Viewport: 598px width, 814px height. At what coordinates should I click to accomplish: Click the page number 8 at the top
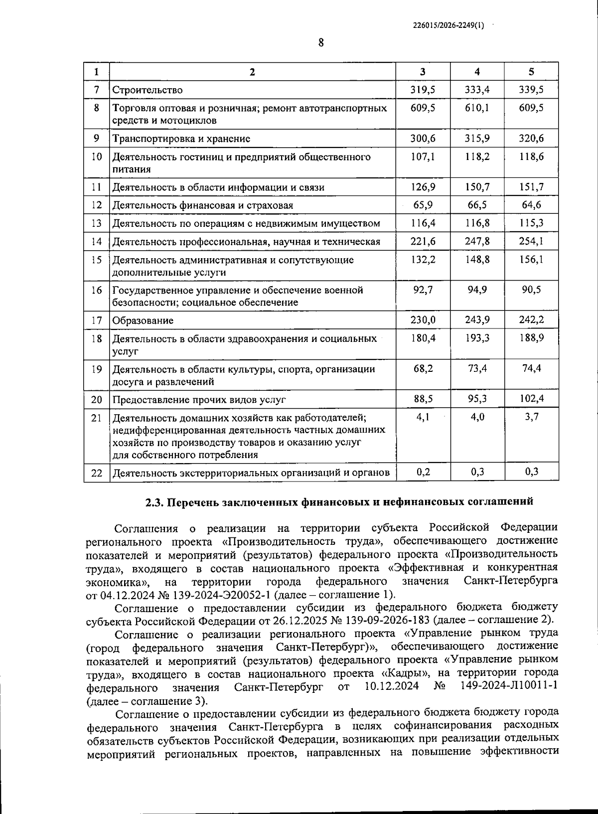[x=321, y=43]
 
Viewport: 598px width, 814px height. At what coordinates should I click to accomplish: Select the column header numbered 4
[x=477, y=72]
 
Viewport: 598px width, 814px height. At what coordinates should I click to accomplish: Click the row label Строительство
[x=148, y=90]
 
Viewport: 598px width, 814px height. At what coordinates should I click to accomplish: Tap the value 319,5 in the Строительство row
[x=423, y=90]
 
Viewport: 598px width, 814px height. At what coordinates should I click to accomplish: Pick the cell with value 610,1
[x=477, y=108]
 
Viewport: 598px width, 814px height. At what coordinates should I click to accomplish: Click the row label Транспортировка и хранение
[x=181, y=139]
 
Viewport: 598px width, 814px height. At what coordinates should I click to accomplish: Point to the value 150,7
[x=477, y=187]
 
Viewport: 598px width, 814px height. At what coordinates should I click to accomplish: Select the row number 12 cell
[x=97, y=205]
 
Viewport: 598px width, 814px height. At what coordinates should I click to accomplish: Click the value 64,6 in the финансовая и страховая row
[x=531, y=205]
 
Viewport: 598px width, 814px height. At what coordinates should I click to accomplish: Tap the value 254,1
[x=531, y=241]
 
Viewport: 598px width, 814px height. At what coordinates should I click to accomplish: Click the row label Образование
[x=143, y=321]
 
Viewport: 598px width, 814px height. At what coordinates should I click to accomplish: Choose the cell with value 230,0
[x=423, y=320]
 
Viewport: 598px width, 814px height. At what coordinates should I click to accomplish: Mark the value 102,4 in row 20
[x=531, y=399]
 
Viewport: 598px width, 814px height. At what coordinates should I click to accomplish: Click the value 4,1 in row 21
[x=423, y=417]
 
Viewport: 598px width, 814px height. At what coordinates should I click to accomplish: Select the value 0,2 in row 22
[x=423, y=472]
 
